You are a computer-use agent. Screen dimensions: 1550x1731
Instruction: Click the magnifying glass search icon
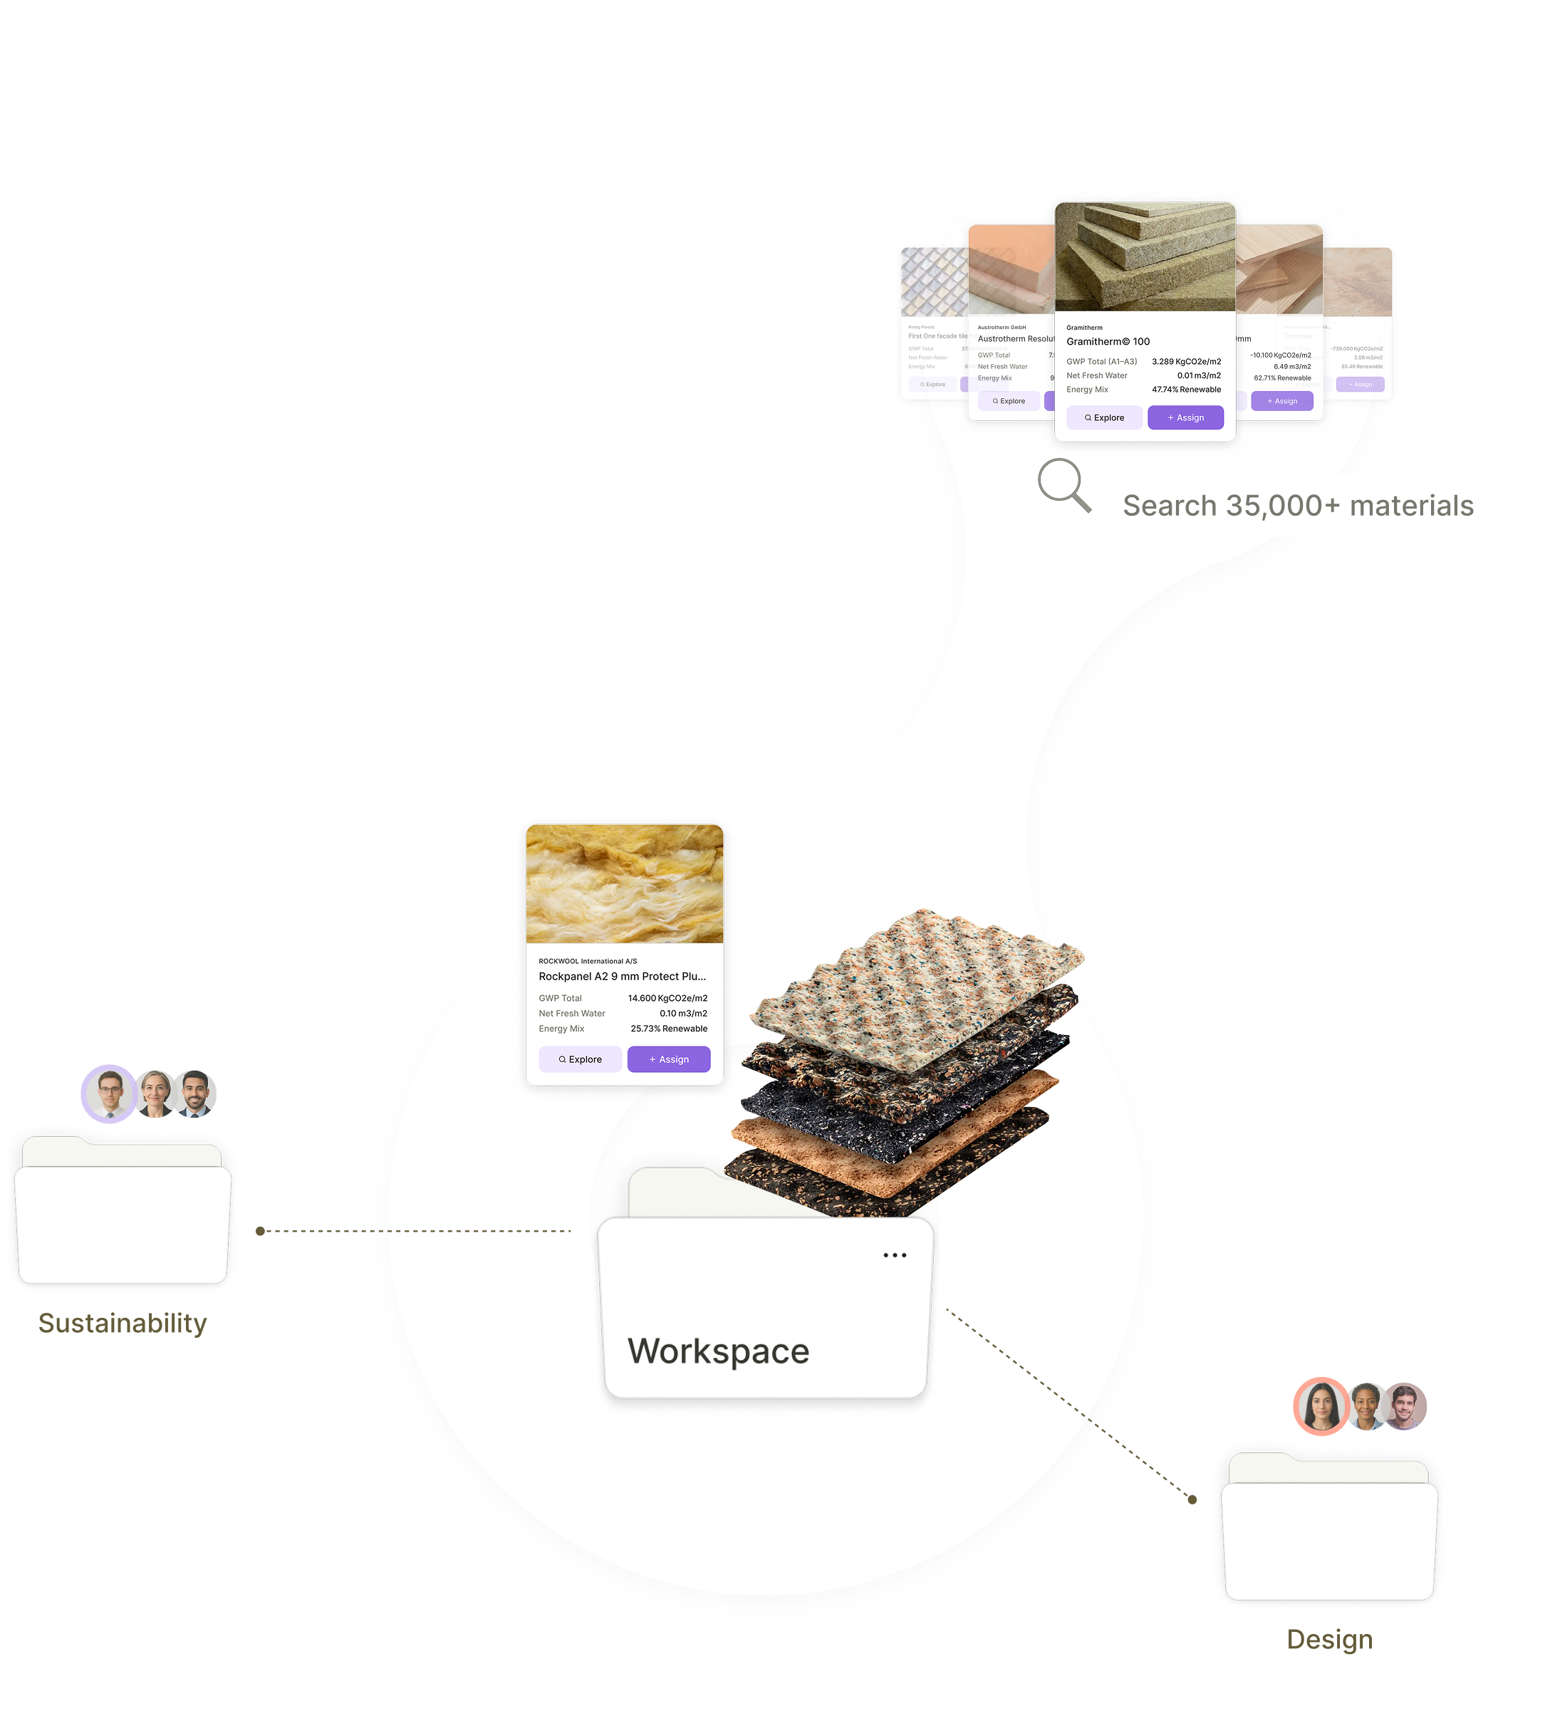click(1063, 484)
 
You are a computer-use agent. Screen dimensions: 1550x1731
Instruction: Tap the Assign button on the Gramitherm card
click(1185, 417)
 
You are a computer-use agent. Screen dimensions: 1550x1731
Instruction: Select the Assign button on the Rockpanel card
click(669, 1059)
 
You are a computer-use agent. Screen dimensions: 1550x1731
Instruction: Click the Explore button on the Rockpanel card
click(580, 1059)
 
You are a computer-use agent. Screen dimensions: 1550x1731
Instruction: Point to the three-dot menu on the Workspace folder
click(894, 1255)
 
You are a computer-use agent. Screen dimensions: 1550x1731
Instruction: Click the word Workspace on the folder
click(718, 1351)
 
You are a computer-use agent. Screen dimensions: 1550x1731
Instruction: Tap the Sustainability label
click(123, 1323)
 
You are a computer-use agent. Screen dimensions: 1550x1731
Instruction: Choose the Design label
click(1329, 1639)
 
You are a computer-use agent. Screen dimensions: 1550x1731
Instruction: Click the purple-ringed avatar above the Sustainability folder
click(109, 1093)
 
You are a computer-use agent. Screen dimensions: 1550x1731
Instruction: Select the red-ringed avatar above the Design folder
click(1321, 1405)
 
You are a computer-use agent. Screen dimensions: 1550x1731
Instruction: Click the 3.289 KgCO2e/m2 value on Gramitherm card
click(1185, 362)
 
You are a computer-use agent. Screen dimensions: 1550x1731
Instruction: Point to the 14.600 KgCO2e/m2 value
click(667, 998)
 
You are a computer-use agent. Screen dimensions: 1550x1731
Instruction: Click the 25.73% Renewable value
click(669, 1029)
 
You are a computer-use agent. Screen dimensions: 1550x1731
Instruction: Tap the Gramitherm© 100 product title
click(1108, 341)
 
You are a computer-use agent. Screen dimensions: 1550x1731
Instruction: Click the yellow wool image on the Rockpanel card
click(624, 884)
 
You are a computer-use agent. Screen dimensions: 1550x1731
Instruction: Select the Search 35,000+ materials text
click(1298, 506)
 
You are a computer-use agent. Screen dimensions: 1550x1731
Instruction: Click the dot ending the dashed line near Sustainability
click(261, 1231)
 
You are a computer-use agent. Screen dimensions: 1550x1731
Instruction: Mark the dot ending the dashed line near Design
click(1192, 1499)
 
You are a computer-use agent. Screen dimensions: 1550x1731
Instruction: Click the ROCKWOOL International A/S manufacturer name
click(588, 961)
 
